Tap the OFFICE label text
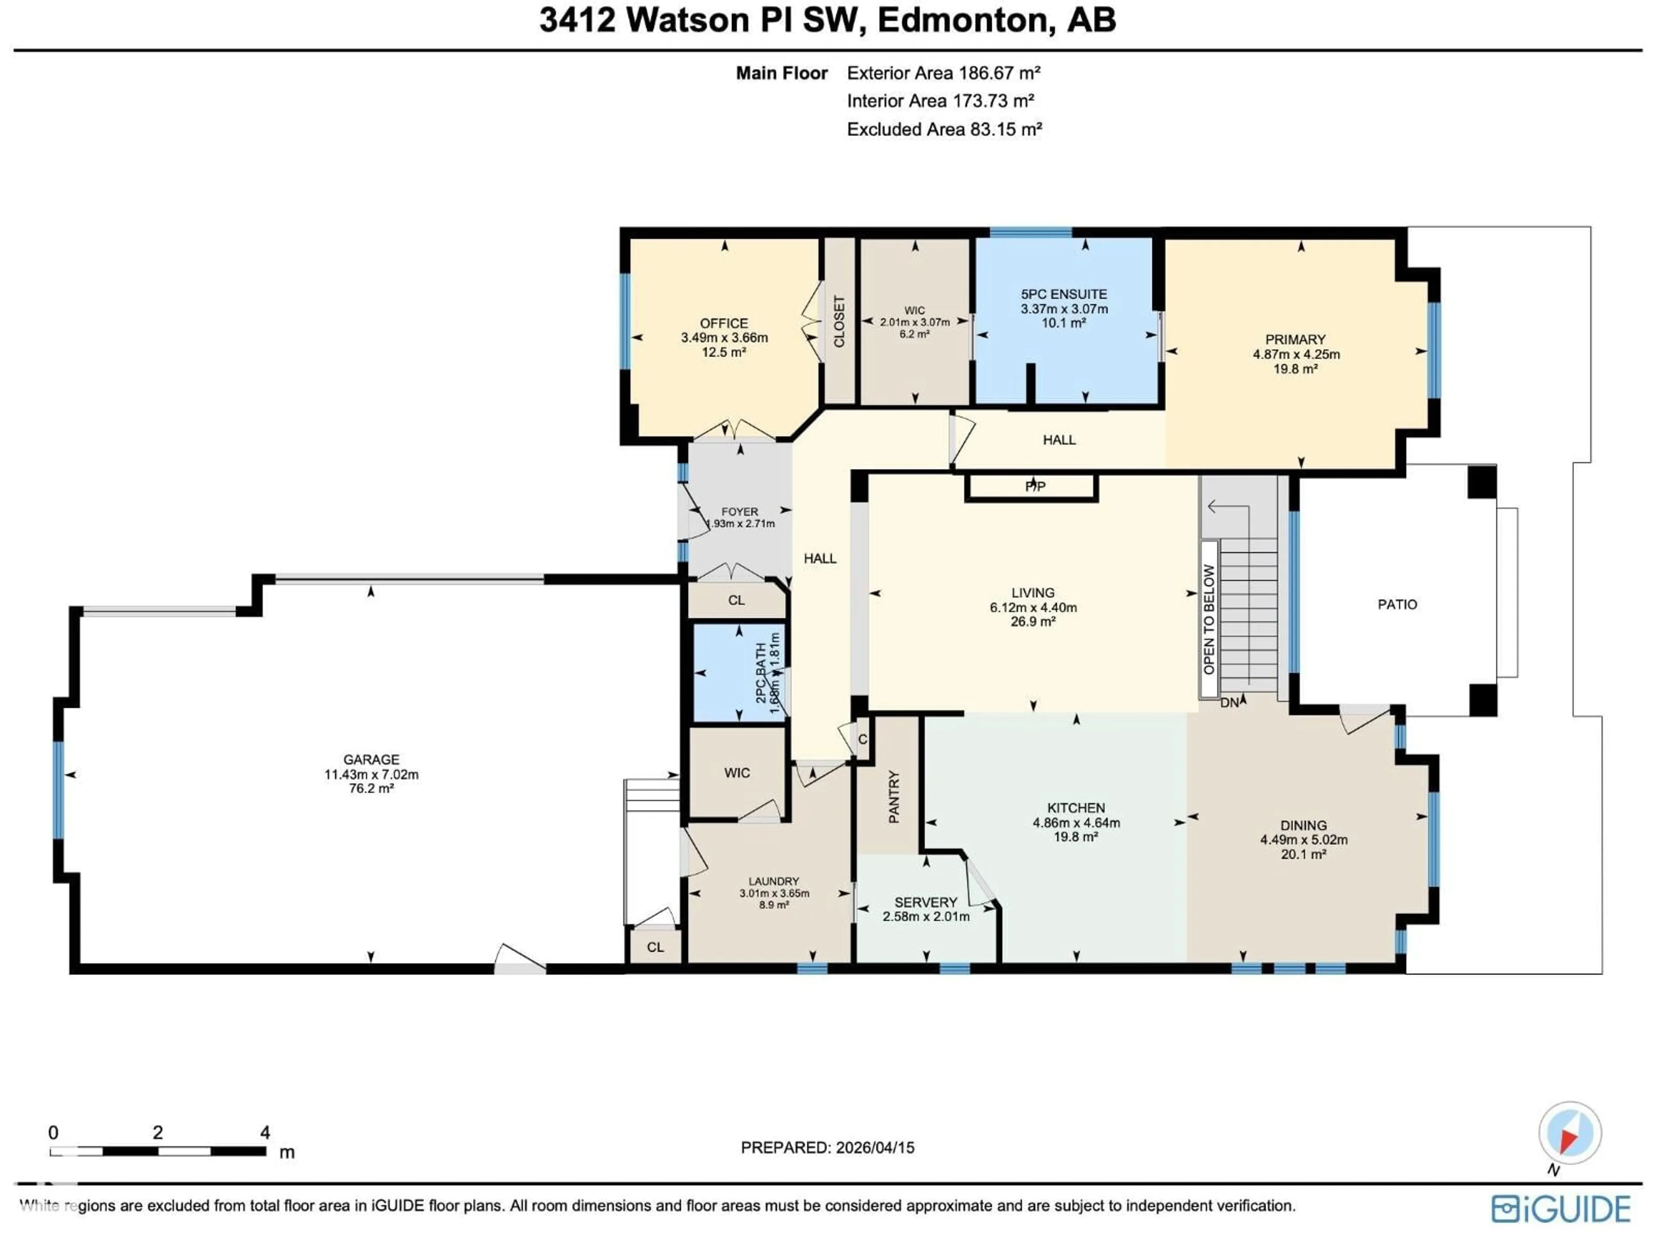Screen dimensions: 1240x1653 pyautogui.click(x=723, y=323)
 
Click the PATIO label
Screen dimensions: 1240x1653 pyautogui.click(x=1397, y=604)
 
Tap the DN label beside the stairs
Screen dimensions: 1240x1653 pyautogui.click(x=1229, y=703)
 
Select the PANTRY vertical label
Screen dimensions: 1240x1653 pyautogui.click(x=893, y=797)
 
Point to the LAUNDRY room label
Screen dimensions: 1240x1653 pyautogui.click(x=774, y=881)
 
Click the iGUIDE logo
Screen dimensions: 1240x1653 pyautogui.click(x=1560, y=1209)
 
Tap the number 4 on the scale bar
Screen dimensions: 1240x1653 pyautogui.click(x=265, y=1132)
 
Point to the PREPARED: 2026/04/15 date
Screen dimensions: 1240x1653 pyautogui.click(x=827, y=1147)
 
